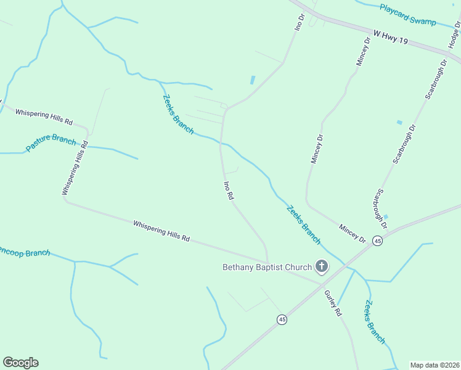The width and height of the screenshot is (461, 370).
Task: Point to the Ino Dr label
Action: [x=300, y=22]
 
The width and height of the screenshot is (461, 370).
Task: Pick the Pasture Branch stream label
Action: [x=51, y=144]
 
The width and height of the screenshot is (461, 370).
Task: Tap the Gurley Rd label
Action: [x=333, y=302]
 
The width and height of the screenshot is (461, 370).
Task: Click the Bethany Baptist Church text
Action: [x=267, y=267]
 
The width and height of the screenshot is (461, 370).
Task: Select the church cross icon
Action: [x=321, y=266]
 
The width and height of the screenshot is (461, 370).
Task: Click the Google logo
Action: [x=20, y=363]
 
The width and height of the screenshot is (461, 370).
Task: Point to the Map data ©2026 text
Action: [x=434, y=365]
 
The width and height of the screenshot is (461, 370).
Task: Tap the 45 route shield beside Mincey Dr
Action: [x=377, y=240]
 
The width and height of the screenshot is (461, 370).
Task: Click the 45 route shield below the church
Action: [x=282, y=319]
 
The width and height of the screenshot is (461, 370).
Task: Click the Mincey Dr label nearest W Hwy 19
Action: [x=362, y=51]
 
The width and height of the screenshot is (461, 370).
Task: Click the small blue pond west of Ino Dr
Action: [x=252, y=80]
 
